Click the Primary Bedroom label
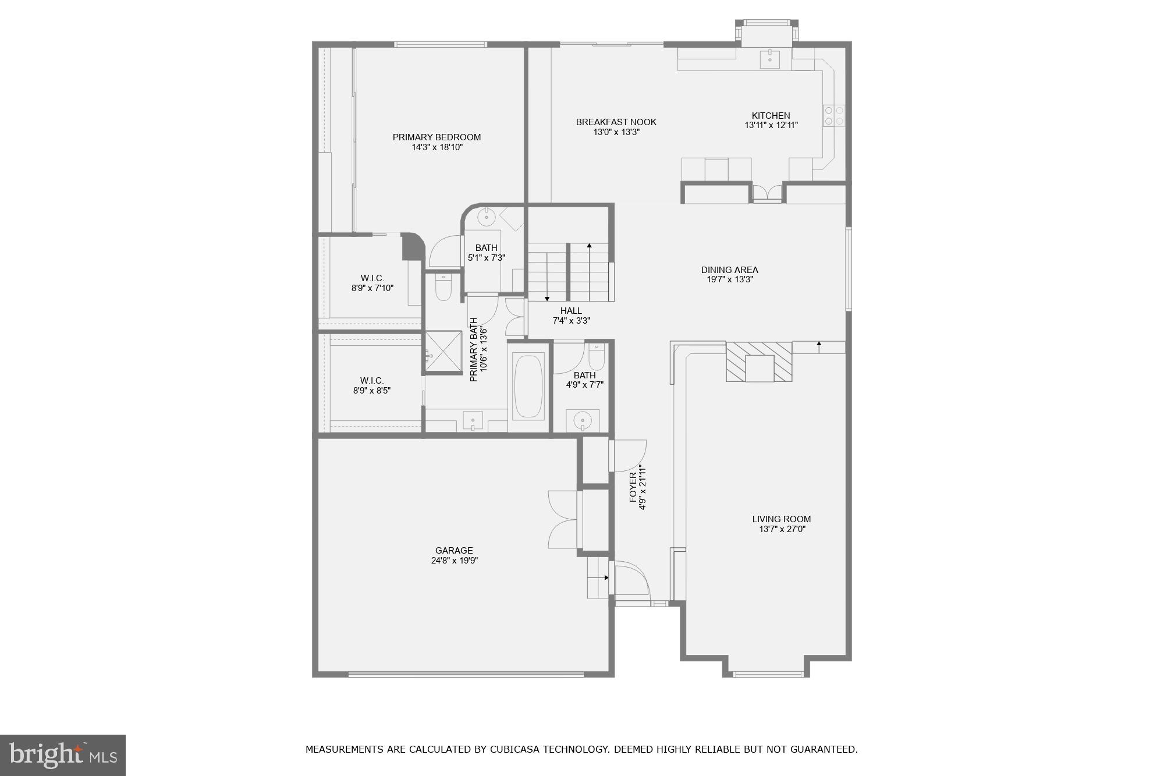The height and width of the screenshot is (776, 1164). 436,137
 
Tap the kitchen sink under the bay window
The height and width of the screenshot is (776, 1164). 770,58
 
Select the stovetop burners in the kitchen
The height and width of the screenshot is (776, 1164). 833,115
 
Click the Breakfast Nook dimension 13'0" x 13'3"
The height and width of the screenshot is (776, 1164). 616,132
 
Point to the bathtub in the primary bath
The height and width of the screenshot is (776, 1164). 528,387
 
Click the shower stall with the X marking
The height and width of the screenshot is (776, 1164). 443,351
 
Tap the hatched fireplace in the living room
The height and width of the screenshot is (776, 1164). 759,362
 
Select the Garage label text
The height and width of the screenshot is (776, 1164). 454,551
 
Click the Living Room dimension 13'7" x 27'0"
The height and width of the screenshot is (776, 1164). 782,529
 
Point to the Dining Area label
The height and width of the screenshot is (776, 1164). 729,270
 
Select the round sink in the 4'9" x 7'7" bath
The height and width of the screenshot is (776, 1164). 582,420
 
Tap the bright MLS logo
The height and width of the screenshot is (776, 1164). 63,755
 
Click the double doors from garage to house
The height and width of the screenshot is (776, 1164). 563,519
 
